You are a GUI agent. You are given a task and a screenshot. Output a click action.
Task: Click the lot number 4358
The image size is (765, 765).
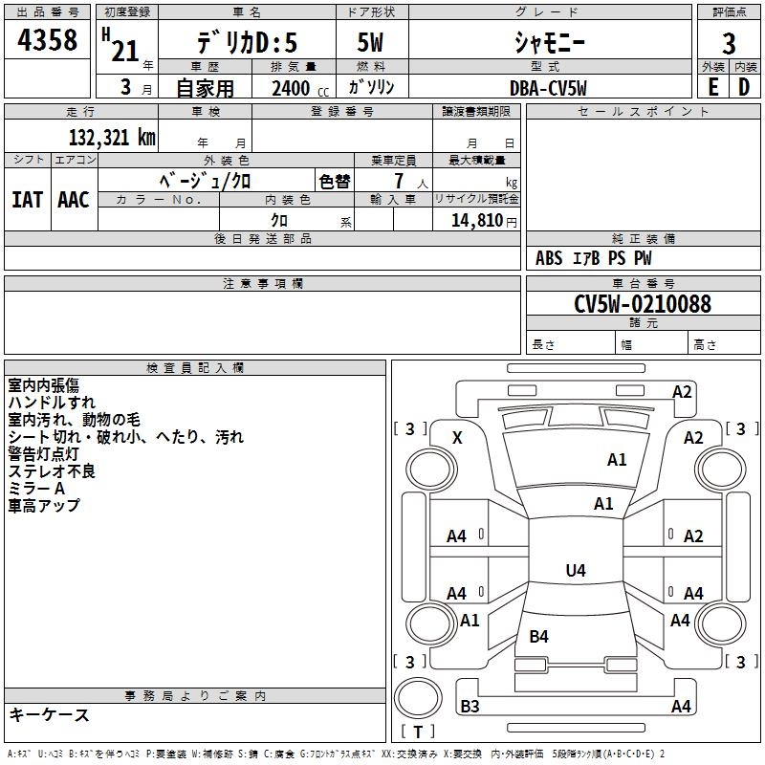click(48, 40)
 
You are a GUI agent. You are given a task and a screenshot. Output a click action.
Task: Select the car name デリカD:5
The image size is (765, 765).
click(247, 42)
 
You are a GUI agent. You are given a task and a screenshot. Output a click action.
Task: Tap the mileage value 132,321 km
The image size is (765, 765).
click(112, 138)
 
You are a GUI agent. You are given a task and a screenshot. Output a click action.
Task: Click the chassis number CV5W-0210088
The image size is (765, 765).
click(643, 304)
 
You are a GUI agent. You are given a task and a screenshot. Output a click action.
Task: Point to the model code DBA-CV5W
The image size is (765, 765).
click(549, 88)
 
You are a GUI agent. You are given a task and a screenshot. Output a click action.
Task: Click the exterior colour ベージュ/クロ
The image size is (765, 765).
click(206, 180)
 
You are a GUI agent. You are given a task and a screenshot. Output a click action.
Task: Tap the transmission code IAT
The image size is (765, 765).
click(27, 199)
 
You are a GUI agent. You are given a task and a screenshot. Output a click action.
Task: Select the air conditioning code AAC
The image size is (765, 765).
click(73, 199)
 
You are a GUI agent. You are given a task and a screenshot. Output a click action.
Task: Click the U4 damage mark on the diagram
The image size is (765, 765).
click(575, 571)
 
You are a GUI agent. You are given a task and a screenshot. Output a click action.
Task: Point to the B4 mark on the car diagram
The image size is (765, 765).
click(539, 636)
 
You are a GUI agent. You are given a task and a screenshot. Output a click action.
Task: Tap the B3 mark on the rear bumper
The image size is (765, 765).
click(470, 707)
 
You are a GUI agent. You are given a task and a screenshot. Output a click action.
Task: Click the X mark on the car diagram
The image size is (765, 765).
click(457, 437)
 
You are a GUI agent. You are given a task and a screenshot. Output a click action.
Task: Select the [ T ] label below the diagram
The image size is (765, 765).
click(418, 732)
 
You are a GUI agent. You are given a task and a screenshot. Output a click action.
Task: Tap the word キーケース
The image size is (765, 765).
click(50, 714)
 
